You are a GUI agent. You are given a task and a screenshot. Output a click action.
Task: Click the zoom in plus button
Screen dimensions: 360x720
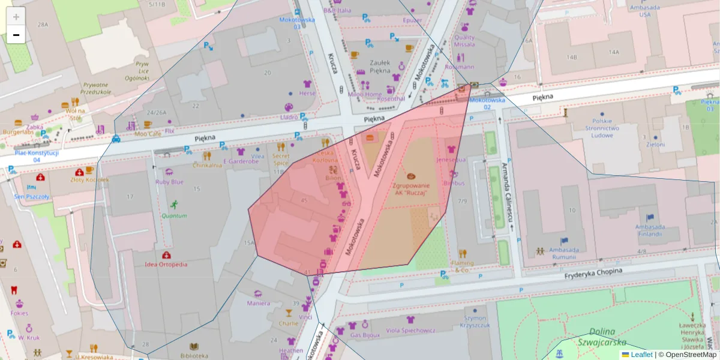[x=16, y=16]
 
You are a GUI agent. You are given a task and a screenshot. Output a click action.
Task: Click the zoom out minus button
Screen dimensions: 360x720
[x=16, y=35]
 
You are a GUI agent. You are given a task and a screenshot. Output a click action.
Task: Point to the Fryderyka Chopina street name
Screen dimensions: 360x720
[x=593, y=272]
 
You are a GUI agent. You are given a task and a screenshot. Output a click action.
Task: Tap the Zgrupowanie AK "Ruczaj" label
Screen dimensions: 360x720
[x=412, y=190]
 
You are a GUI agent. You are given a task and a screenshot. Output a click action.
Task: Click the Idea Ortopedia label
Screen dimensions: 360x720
[x=166, y=264]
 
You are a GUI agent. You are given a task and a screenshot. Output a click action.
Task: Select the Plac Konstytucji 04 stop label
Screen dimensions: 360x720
[x=37, y=156]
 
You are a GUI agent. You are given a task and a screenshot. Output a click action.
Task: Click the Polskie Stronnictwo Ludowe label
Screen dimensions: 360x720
[x=601, y=127]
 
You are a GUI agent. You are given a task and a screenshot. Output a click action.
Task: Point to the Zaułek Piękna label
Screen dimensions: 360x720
[x=380, y=66]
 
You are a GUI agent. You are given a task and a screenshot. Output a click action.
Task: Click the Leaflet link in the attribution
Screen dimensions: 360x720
[x=641, y=355]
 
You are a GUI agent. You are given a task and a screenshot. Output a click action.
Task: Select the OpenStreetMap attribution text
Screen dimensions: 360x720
[x=691, y=355]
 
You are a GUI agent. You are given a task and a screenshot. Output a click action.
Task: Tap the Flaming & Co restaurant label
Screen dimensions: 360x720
[x=462, y=266]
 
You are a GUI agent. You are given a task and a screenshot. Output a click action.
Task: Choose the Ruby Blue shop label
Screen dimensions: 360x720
[x=169, y=182]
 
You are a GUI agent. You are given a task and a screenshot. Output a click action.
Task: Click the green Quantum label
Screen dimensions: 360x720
[x=174, y=215]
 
